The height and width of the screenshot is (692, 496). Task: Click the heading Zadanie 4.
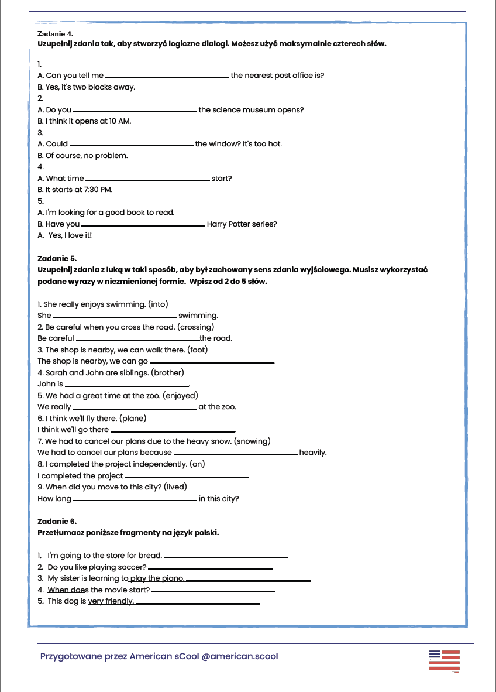click(x=55, y=34)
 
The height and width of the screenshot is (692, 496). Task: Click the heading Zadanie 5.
click(x=57, y=258)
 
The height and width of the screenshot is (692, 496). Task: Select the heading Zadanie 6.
click(x=57, y=521)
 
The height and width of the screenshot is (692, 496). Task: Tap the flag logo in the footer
click(x=444, y=660)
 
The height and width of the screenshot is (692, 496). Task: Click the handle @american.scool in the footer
click(x=240, y=656)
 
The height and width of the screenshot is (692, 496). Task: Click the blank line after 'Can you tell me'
click(x=167, y=77)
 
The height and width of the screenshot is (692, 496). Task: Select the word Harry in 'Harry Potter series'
click(x=218, y=224)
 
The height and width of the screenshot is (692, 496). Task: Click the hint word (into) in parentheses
click(x=157, y=304)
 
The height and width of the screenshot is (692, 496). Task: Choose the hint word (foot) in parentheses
click(x=197, y=350)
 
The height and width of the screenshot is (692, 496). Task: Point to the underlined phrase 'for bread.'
click(x=144, y=556)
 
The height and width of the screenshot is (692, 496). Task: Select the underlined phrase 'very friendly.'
click(x=111, y=601)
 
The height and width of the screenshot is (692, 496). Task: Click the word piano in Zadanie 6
click(x=173, y=578)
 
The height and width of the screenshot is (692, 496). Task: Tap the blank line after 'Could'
click(x=131, y=145)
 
